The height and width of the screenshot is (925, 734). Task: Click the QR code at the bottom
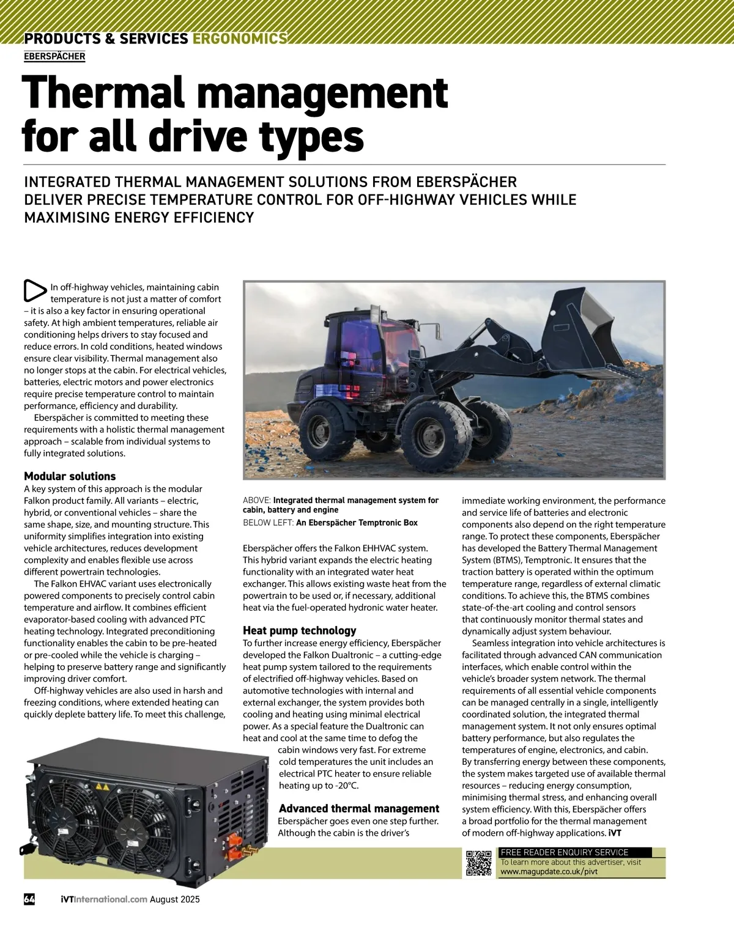[x=479, y=863]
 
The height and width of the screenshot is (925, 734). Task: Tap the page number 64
[x=29, y=899]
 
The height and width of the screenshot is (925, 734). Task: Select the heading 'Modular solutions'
[x=70, y=476]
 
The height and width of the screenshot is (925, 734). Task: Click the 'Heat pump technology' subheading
[x=299, y=630]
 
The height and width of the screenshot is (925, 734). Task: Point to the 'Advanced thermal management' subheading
[x=359, y=808]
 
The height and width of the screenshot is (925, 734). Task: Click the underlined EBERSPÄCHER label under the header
[x=54, y=56]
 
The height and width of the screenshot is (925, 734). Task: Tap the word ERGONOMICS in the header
[x=240, y=39]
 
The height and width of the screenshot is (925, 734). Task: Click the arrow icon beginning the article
[x=35, y=291]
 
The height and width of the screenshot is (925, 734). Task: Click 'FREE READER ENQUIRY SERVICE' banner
[x=565, y=852]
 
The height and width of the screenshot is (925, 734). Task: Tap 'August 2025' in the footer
[x=175, y=899]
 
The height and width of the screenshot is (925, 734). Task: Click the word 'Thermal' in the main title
[x=103, y=93]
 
